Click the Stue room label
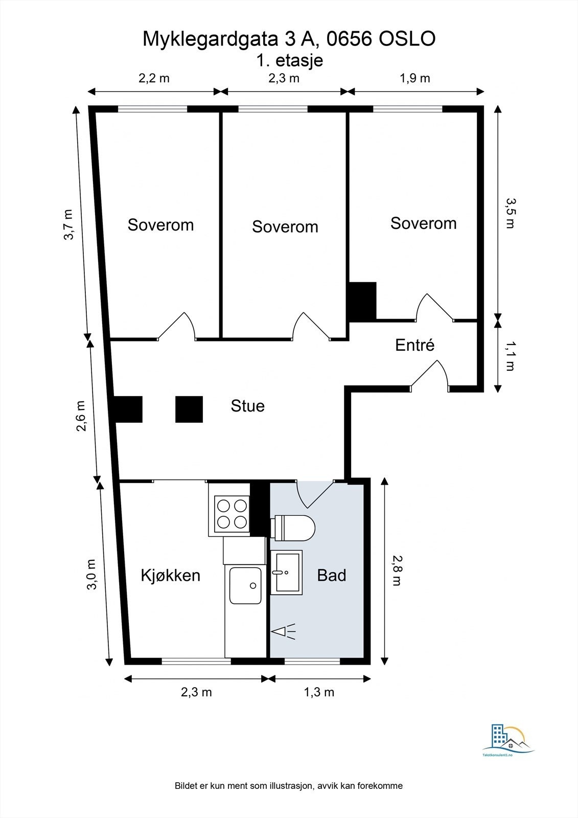pos(247,406)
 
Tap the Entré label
pos(415,345)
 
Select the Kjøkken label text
pos(171,576)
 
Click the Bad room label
pos(332,575)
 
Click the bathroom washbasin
pos(287,572)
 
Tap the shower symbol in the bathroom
pos(283,631)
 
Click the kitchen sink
pos(245,585)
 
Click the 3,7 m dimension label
pos(68,224)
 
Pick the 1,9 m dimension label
pos(415,78)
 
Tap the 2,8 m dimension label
pos(397,571)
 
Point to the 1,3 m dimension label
pos(319,692)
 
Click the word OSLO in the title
pos(407,39)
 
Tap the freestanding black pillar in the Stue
pos(189,410)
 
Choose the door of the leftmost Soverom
pos(177,326)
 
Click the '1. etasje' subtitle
pos(290,61)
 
